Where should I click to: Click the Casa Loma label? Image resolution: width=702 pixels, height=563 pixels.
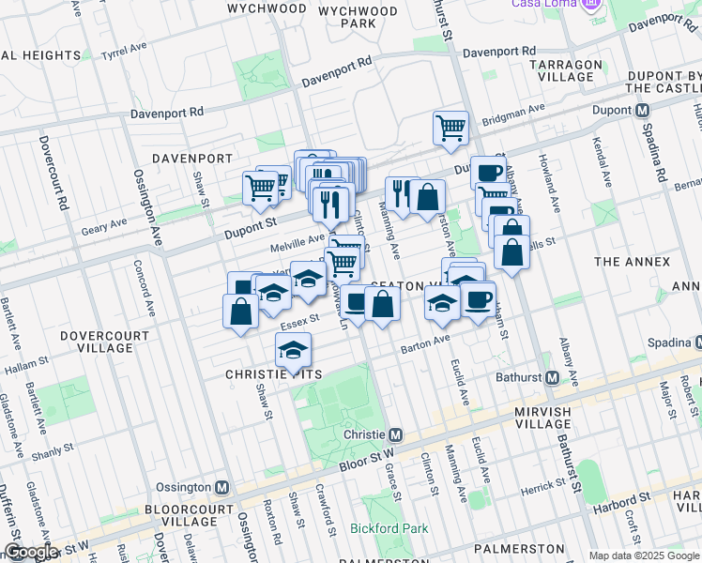click(x=544, y=4)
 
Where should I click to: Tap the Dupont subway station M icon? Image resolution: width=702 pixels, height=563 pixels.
click(x=643, y=110)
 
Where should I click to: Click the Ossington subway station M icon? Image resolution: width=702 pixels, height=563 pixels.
click(x=221, y=488)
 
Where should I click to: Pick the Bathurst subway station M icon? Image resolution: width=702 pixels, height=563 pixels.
click(x=553, y=378)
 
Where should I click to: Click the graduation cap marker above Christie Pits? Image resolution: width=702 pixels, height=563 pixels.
click(x=293, y=352)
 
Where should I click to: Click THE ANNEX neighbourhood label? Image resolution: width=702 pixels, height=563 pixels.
click(x=633, y=262)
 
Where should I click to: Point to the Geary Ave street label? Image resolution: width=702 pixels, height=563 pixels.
click(x=104, y=225)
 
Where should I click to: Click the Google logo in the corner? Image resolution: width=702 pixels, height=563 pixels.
click(x=31, y=552)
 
